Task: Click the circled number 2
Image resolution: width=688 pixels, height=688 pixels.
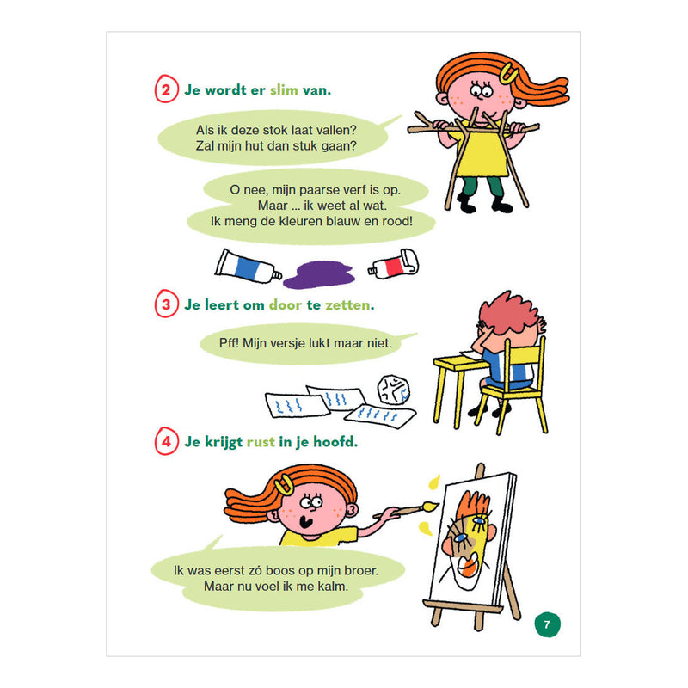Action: coord(166,89)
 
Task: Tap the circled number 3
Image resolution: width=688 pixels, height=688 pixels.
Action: coord(166,304)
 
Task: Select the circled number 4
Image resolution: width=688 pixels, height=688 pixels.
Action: coord(166,441)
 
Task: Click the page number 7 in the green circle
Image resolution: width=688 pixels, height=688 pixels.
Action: coord(547,624)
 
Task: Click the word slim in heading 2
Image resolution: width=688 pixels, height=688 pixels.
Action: coord(284,90)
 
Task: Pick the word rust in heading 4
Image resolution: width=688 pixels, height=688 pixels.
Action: coord(261,442)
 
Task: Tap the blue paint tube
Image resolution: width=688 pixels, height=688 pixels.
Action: coord(248,267)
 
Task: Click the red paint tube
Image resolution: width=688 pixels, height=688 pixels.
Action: coord(394,264)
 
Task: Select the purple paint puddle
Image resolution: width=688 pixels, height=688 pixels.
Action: coord(319,274)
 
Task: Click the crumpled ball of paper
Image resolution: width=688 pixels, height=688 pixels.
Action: coord(394,389)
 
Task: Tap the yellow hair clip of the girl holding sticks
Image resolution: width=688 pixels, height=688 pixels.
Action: coord(508,73)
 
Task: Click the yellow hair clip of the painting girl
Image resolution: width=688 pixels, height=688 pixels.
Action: coord(284,484)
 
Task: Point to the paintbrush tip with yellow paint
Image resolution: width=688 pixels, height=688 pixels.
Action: coord(431,506)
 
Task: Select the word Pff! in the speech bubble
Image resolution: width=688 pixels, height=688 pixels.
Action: coord(229,342)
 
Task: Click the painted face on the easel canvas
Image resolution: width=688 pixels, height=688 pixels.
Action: coord(468,539)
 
